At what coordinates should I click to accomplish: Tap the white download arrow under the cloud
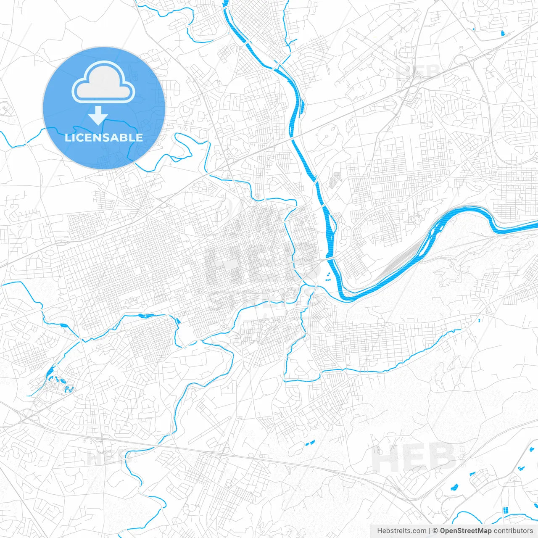[98, 116]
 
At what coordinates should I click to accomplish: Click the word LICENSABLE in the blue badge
[104, 137]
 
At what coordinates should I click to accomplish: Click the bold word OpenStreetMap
[466, 531]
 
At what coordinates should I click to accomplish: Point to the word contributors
[513, 531]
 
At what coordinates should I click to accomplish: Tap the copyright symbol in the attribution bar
[435, 531]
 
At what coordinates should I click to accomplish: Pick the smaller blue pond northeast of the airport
[474, 29]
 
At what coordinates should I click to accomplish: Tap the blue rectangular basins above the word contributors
[505, 510]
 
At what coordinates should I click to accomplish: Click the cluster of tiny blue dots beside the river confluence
[327, 276]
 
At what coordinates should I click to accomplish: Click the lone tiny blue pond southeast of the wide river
[479, 321]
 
